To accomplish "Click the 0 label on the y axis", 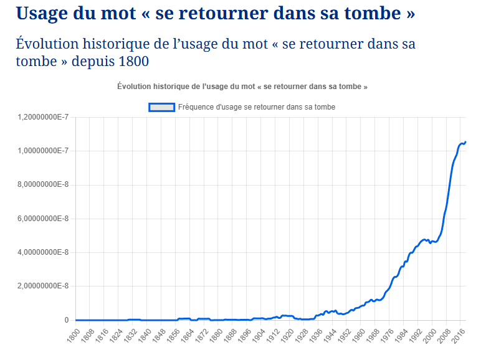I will point(65,320).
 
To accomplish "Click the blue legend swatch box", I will point(161,107).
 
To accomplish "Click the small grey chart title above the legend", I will point(242,87).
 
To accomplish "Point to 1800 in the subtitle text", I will point(131,62).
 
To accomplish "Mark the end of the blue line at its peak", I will point(465,142).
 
